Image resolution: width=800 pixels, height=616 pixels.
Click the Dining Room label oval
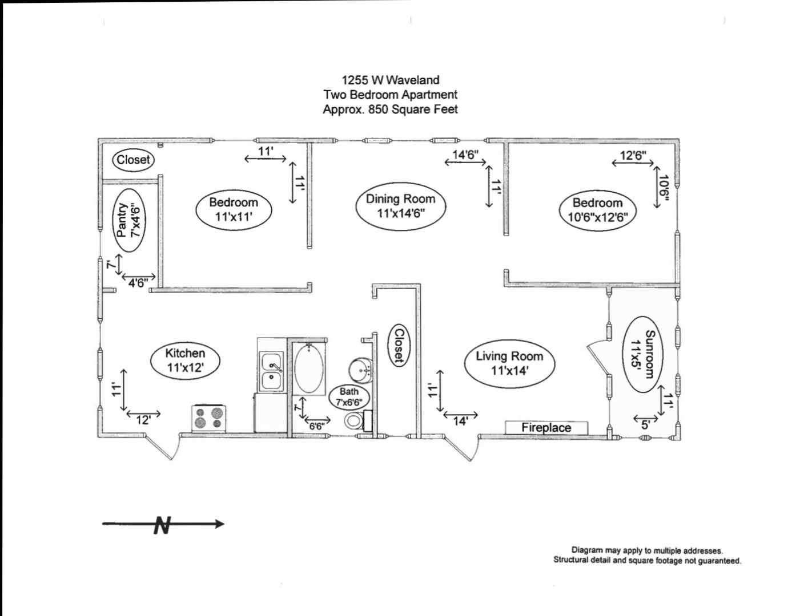coord(400,206)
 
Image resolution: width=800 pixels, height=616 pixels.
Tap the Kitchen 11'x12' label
coord(185,360)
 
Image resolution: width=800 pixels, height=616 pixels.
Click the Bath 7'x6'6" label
coord(349,396)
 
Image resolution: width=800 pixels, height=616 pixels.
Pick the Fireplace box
coord(546,427)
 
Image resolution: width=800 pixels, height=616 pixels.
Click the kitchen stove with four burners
coord(209,418)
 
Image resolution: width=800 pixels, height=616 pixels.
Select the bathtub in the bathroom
coord(309,368)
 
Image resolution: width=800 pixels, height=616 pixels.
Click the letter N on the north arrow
coord(163,525)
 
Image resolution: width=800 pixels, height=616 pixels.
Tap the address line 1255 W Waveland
coord(391,80)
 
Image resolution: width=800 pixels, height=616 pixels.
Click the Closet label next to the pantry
coord(133,160)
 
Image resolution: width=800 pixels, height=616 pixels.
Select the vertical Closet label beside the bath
coord(399,345)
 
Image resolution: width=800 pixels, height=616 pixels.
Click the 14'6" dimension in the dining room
coord(465,154)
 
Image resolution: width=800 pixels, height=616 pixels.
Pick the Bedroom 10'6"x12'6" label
coord(597,210)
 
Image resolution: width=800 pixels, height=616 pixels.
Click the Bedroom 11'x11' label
coord(234,209)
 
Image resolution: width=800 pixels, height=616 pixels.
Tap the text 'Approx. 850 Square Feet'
coord(391,109)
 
